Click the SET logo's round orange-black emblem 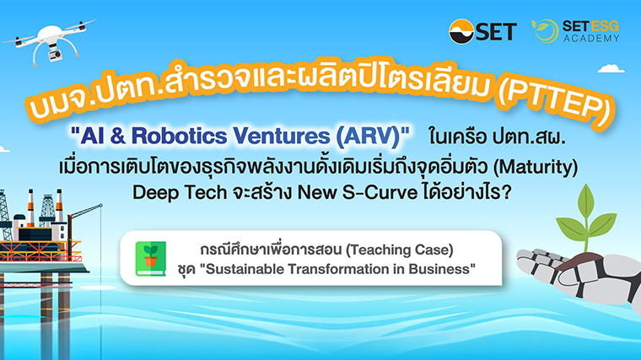pos(461,31)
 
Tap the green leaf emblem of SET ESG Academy pos(545,31)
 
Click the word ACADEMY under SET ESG pos(591,39)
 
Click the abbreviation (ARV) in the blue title pos(368,136)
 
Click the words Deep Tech pos(180,193)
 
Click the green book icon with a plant pos(151,259)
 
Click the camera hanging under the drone pos(55,55)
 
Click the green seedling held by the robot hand pos(586,218)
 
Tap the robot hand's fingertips pos(528,257)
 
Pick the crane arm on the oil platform pos(85,212)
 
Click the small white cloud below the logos pos(611,68)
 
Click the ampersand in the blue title pos(118,136)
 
